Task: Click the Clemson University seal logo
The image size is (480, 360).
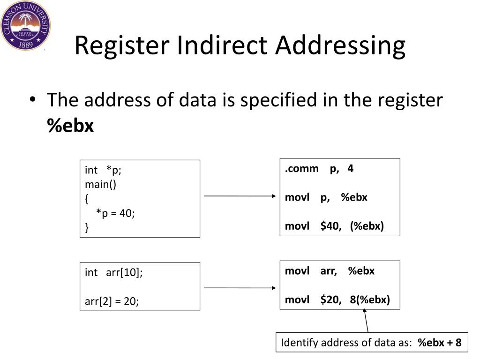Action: point(25,25)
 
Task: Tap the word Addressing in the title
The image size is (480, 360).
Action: point(340,46)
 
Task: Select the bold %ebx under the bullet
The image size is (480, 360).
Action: point(70,126)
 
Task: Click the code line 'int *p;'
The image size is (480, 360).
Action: point(103,170)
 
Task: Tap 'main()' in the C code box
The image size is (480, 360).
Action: point(100,184)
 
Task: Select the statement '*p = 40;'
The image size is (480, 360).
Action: point(115,213)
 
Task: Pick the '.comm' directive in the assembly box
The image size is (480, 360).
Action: point(301,168)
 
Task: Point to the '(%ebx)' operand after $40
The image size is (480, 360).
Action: point(367,226)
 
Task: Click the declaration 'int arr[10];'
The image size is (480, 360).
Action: point(113,272)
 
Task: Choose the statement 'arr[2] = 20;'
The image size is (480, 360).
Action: point(112,301)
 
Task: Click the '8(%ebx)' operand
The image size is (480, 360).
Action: point(370,300)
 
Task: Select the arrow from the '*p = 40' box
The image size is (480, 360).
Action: point(240,196)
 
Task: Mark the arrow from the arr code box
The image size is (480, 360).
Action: point(240,288)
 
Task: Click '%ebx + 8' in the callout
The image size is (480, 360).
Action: point(440,343)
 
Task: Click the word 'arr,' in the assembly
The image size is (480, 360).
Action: point(329,271)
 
